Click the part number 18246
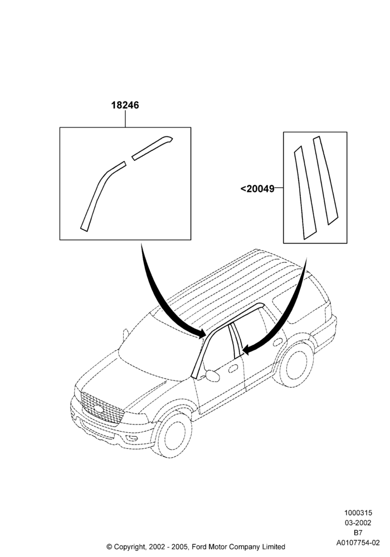(x=125, y=105)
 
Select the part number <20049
(x=257, y=189)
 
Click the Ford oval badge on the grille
(x=99, y=409)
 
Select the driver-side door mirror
(x=212, y=376)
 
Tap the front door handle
(x=233, y=368)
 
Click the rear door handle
(x=278, y=342)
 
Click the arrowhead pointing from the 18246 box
(x=201, y=334)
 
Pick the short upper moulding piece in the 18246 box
(x=152, y=148)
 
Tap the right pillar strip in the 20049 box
(x=325, y=181)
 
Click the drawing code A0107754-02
(x=358, y=543)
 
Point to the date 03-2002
(x=358, y=523)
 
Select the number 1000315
(x=358, y=513)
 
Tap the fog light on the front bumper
(x=132, y=438)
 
